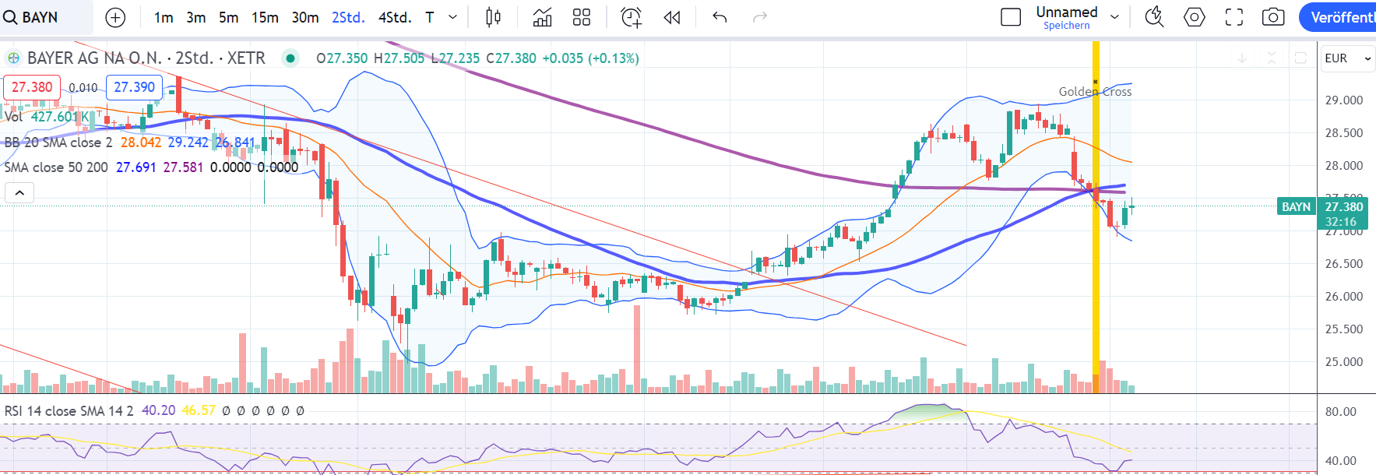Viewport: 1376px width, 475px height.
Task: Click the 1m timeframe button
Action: (x=164, y=17)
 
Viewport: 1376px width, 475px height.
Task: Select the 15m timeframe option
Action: (x=265, y=17)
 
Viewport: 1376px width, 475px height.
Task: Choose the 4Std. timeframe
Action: (x=394, y=17)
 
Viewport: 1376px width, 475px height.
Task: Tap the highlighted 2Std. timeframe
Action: (x=348, y=17)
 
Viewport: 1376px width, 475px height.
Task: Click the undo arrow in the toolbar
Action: (x=720, y=17)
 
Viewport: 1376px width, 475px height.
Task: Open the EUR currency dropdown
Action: (x=1347, y=58)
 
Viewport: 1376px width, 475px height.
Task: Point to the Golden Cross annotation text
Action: (x=1095, y=92)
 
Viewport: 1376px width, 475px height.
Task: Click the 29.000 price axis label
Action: (x=1344, y=100)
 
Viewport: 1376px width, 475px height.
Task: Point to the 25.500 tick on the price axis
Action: (x=1344, y=329)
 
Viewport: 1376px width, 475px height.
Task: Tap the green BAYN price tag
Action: (x=1296, y=206)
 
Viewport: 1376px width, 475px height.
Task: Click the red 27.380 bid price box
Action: (x=32, y=87)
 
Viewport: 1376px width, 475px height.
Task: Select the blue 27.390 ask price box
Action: (x=134, y=87)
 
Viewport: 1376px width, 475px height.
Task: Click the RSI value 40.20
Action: (x=158, y=410)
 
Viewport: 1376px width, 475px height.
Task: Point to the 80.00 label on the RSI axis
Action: (x=1341, y=412)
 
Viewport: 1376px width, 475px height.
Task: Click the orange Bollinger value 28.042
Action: (x=141, y=142)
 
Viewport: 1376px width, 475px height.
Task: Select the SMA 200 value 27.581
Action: (x=183, y=167)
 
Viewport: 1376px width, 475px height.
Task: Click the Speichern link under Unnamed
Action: (x=1066, y=26)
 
